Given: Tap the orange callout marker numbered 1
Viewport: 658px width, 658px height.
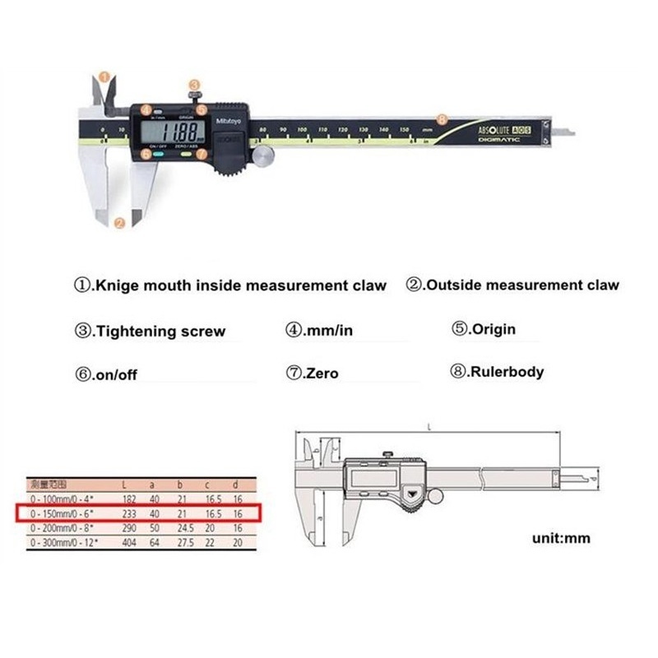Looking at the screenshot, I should click(103, 76).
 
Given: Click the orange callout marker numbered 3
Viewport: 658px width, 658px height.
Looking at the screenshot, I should click(193, 85).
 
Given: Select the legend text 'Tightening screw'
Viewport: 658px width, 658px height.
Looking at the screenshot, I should click(160, 332).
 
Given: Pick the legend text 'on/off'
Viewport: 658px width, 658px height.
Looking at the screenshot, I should click(117, 374).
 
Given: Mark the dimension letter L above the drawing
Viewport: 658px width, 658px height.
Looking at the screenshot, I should click(429, 426).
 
